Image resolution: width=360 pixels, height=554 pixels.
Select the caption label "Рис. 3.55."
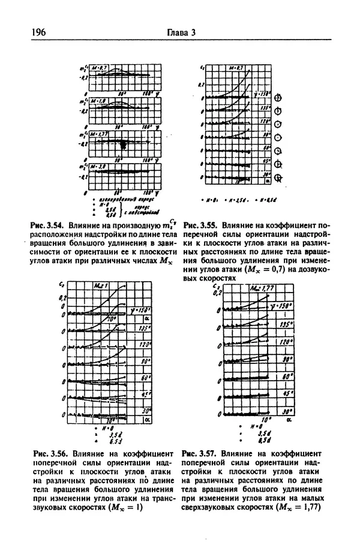[202, 221]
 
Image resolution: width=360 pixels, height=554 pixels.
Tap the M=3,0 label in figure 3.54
[100, 168]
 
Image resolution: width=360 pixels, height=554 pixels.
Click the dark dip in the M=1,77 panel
[124, 146]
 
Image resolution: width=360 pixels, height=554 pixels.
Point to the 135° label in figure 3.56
[143, 329]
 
